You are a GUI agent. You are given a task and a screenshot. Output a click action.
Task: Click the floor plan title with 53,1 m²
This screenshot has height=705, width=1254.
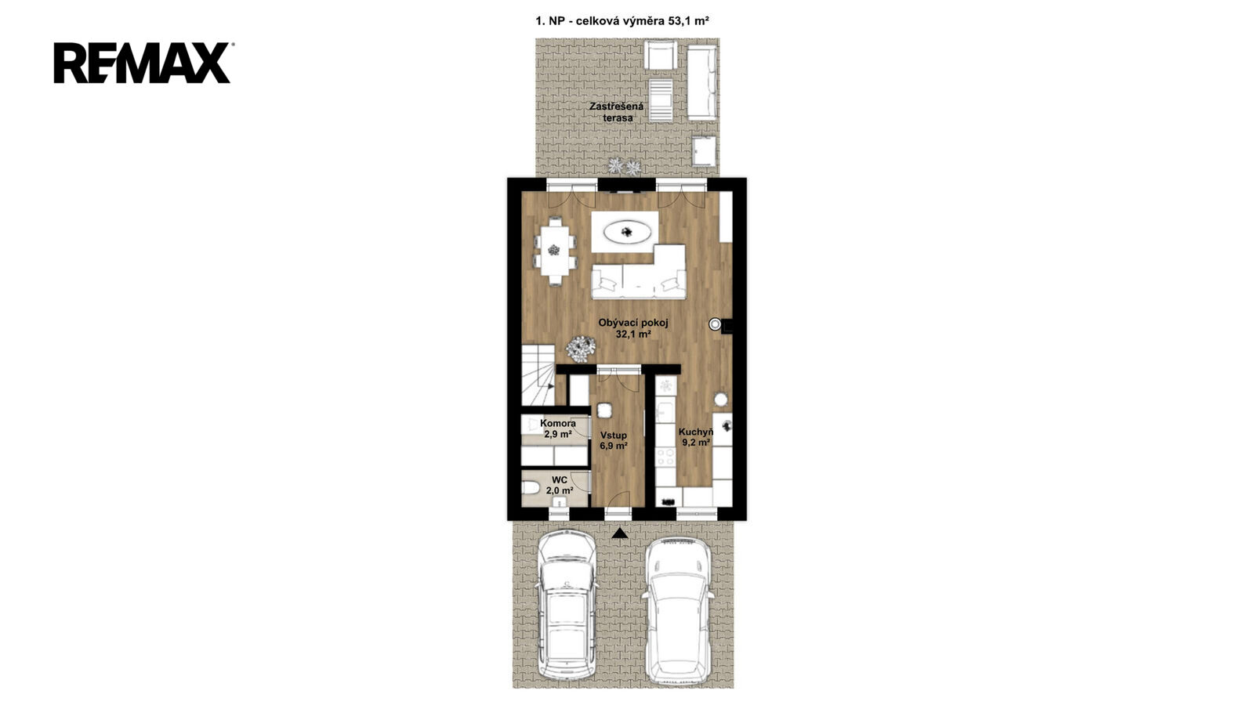pyautogui.click(x=622, y=21)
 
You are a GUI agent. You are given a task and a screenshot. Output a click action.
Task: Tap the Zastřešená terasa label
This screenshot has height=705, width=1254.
pyautogui.click(x=617, y=112)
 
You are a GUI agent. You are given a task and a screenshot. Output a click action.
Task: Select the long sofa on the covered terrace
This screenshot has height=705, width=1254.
pyautogui.click(x=702, y=83)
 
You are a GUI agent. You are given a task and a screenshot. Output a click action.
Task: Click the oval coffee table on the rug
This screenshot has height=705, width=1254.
pyautogui.click(x=627, y=232)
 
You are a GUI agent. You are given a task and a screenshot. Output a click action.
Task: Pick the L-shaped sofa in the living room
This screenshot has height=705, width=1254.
pyautogui.click(x=640, y=272)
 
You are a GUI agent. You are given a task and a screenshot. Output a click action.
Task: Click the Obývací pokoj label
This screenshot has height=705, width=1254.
pyautogui.click(x=633, y=323)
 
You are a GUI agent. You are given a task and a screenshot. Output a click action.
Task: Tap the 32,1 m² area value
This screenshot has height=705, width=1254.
pyautogui.click(x=633, y=334)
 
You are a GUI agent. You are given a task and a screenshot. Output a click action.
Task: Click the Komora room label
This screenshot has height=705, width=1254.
pyautogui.click(x=557, y=424)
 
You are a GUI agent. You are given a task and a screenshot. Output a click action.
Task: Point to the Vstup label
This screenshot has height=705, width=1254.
pyautogui.click(x=614, y=436)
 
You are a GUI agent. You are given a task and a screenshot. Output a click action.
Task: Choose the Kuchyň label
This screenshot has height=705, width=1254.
pyautogui.click(x=696, y=432)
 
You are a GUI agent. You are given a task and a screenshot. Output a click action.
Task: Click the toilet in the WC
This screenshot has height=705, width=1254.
pyautogui.click(x=530, y=489)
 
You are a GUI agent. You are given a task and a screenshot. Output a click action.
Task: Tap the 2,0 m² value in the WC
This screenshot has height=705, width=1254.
pyautogui.click(x=560, y=490)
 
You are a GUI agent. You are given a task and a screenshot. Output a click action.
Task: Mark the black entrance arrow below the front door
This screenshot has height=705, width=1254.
pyautogui.click(x=620, y=533)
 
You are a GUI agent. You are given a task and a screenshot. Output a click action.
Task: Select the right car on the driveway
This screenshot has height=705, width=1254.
pyautogui.click(x=679, y=610)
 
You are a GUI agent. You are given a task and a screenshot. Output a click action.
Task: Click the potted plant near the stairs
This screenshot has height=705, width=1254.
pyautogui.click(x=581, y=349)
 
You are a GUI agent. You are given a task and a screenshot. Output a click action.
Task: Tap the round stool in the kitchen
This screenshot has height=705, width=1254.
pyautogui.click(x=720, y=399)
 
